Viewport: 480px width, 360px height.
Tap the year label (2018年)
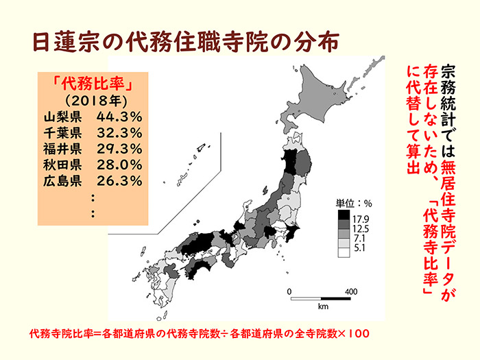[x=92, y=100]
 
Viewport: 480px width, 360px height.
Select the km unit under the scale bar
[x=321, y=306]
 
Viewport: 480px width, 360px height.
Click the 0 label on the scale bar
[x=290, y=291]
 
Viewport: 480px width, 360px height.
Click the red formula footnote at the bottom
[x=200, y=334]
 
